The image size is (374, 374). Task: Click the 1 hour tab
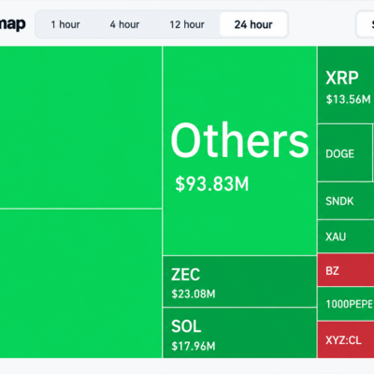65,24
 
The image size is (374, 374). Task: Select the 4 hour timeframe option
124,24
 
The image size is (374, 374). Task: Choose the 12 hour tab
187,24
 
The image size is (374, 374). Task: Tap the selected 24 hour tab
253,24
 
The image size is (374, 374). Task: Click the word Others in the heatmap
239,140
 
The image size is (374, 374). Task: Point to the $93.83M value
212,183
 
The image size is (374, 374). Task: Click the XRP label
342,78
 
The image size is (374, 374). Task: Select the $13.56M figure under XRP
348,99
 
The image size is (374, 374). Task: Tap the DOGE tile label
339,153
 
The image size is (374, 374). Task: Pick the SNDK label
339,201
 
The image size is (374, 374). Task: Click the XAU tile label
336,237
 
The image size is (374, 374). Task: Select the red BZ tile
346,270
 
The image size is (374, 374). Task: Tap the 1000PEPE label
349,304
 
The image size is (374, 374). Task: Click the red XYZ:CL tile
346,339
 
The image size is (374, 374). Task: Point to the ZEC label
185,275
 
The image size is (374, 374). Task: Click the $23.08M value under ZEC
194,294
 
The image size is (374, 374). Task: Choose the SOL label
186,326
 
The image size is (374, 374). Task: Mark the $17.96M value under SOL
194,346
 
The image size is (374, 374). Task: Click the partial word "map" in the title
12,24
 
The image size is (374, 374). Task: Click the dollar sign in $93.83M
180,183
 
